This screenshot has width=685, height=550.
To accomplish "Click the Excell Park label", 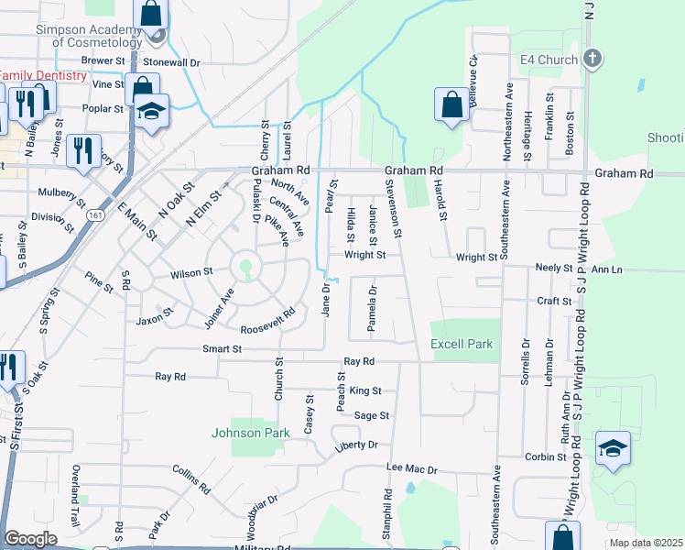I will (462, 345).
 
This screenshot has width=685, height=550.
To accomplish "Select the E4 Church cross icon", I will (593, 60).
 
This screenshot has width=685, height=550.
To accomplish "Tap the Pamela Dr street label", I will (373, 309).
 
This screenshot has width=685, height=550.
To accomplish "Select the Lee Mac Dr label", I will (412, 469).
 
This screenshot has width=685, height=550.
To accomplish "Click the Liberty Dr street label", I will (356, 445).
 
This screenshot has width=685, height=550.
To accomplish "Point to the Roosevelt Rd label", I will (267, 322).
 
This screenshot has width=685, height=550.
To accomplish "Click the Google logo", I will (30, 539).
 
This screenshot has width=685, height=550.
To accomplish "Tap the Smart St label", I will (223, 349).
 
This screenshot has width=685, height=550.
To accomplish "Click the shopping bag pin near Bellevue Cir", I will (451, 104).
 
